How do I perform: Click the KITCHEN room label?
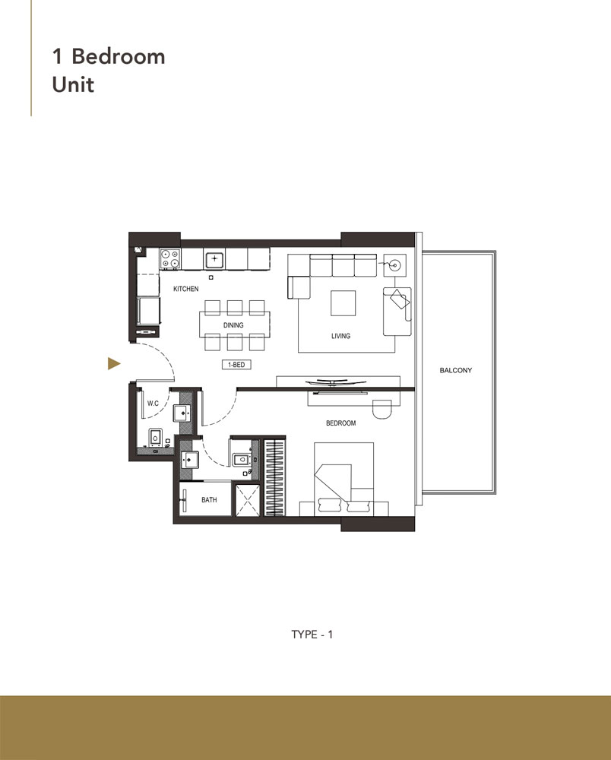(x=185, y=290)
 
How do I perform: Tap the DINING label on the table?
(x=233, y=325)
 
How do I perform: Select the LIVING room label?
(x=340, y=335)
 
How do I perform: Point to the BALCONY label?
(x=456, y=371)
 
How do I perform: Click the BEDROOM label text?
(x=340, y=423)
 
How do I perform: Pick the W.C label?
(x=152, y=404)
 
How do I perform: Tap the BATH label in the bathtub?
(x=209, y=501)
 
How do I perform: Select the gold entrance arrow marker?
(x=114, y=364)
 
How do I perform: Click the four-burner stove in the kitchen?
(x=170, y=259)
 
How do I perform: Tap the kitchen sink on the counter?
(x=215, y=259)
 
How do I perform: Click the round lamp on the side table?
(x=394, y=265)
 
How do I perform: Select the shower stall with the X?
(x=248, y=500)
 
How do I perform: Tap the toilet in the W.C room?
(x=154, y=438)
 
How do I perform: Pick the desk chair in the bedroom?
(x=381, y=408)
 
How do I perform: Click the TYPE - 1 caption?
(x=312, y=634)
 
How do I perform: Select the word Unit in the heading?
(x=73, y=84)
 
